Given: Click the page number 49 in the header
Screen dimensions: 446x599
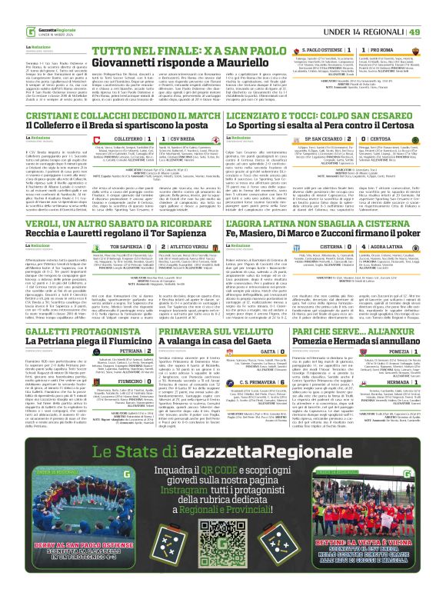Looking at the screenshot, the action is pos(435,10).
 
